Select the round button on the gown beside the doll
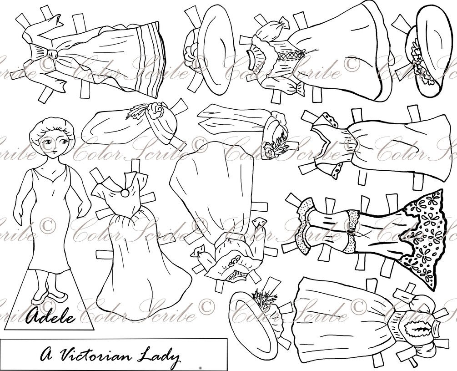(x=125, y=193)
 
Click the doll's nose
(x=54, y=147)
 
